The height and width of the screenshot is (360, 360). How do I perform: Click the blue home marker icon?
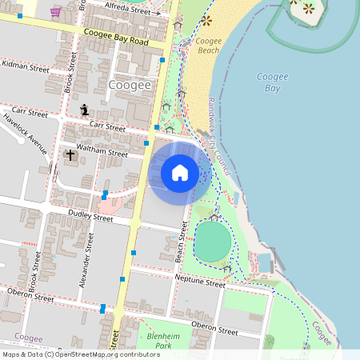pos(180,172)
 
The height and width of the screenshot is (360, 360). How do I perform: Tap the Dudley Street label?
pos(90,216)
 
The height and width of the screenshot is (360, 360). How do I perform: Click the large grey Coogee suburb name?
pos(129,85)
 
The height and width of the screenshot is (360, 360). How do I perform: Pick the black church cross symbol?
pos(70,154)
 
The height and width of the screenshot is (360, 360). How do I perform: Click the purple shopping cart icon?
pos(55,12)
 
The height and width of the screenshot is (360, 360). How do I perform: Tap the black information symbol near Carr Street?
pos(85,110)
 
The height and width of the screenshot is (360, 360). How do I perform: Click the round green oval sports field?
pos(212,241)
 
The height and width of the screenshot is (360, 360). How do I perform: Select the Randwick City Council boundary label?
pos(219,137)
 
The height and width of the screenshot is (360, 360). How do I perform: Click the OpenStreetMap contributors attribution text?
pos(80,354)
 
